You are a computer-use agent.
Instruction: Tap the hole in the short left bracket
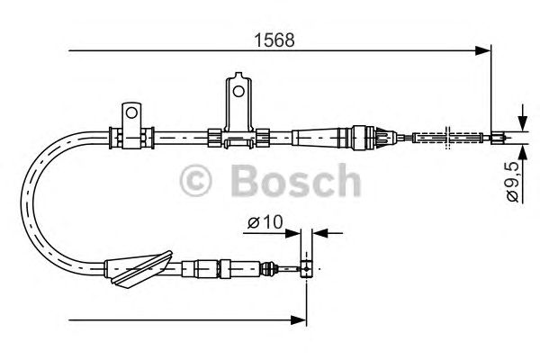tap(131, 113)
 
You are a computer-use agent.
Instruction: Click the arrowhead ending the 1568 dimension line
tap(483, 51)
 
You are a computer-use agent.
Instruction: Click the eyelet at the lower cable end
tap(306, 267)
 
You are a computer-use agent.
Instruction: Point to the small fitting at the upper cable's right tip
tap(497, 138)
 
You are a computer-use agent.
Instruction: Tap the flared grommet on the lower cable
tap(138, 267)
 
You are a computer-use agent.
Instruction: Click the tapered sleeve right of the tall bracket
tap(319, 138)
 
